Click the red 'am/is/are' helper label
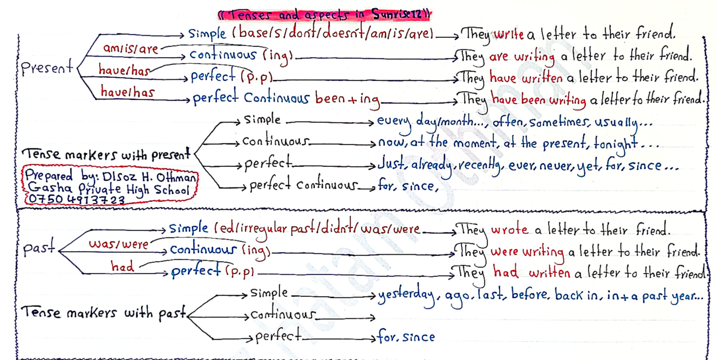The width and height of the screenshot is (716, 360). [131, 49]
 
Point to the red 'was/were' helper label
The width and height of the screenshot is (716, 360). [118, 244]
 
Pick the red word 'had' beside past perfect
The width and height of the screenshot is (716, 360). [122, 266]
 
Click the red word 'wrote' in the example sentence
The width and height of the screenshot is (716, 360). [509, 229]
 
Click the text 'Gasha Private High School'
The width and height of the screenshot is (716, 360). [108, 189]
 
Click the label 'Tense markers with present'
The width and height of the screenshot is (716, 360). [106, 155]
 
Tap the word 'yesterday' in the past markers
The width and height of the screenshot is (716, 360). [408, 295]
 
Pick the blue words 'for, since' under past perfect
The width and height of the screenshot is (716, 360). [406, 337]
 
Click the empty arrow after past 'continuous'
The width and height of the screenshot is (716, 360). [346, 316]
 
